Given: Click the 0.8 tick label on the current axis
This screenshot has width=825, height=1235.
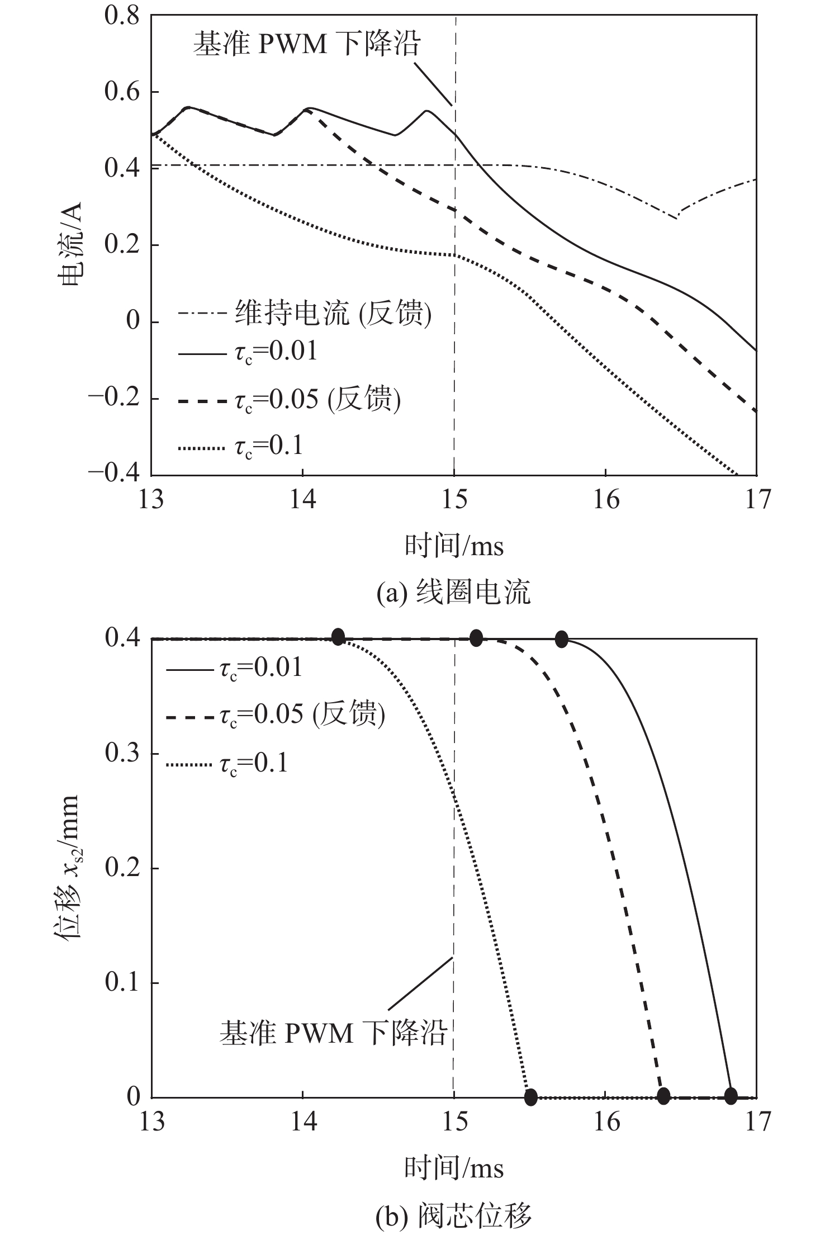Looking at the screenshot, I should pyautogui.click(x=122, y=15).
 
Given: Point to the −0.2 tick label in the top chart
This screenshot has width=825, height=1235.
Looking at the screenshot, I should pyautogui.click(x=114, y=398).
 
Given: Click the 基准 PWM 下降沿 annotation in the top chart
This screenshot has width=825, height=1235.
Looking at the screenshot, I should pyautogui.click(x=306, y=44).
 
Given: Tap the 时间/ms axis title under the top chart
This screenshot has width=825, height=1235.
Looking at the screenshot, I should pyautogui.click(x=454, y=546).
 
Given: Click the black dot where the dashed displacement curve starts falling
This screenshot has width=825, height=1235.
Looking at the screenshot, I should pyautogui.click(x=476, y=637).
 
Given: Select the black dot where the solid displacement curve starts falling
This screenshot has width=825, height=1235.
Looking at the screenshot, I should pyautogui.click(x=562, y=639).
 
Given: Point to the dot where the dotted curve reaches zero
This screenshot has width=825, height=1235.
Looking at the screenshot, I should pyautogui.click(x=530, y=1097).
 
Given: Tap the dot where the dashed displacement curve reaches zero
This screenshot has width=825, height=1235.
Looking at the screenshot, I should pyautogui.click(x=663, y=1096).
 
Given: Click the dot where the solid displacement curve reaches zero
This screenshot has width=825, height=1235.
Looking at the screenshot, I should pyautogui.click(x=731, y=1096).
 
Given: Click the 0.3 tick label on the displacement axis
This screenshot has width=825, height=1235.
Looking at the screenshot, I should pyautogui.click(x=122, y=753).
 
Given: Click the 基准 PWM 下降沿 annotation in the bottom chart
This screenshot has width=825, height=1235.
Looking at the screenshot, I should pyautogui.click(x=332, y=1033).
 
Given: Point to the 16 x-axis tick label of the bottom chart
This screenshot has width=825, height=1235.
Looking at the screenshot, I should pyautogui.click(x=606, y=1121).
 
